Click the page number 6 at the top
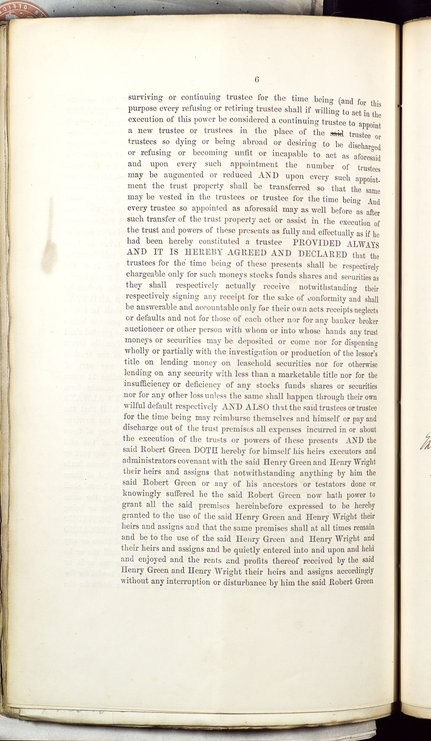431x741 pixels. point(256,80)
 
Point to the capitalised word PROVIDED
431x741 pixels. point(317,243)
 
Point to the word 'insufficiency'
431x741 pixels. point(147,384)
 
